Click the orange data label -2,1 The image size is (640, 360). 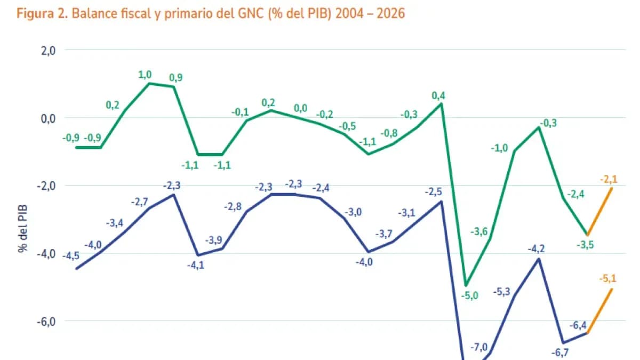608,180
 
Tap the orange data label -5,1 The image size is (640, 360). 608,277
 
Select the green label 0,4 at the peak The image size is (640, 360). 438,96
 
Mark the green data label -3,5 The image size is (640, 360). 586,245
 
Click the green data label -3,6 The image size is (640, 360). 479,231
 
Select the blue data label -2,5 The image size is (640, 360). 434,191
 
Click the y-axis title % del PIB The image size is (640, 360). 22,227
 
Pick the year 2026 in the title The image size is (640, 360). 391,13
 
